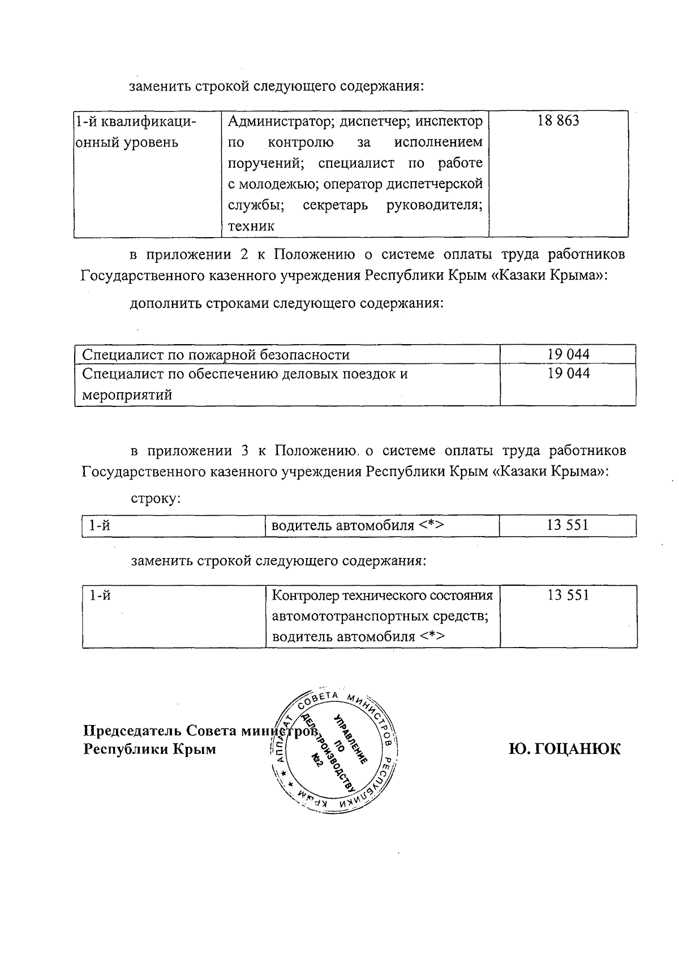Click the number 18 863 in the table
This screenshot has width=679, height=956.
click(558, 121)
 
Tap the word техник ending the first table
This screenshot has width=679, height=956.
click(251, 227)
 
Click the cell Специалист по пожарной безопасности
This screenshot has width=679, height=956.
click(216, 355)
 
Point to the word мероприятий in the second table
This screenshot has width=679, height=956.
click(127, 395)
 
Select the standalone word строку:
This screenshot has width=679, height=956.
click(156, 499)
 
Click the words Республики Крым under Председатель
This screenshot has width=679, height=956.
click(149, 749)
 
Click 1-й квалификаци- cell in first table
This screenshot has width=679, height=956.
click(136, 122)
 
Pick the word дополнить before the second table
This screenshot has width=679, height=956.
click(164, 303)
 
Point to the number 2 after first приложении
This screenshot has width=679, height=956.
click(244, 254)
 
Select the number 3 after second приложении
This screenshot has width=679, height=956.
click(245, 451)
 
